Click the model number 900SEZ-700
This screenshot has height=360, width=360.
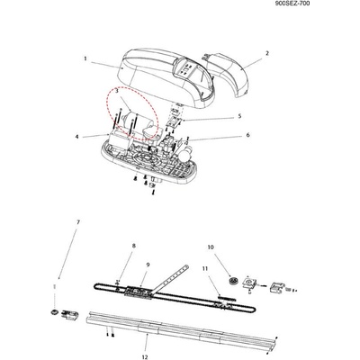[292, 4]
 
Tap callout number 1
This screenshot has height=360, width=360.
[85, 58]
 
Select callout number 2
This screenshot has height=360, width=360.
[267, 53]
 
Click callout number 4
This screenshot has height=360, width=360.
[76, 137]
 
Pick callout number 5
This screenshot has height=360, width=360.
[239, 116]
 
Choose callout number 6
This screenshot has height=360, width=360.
[247, 135]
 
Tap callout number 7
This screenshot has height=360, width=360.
[78, 222]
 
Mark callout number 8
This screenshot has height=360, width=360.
[134, 246]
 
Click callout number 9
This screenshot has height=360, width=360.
[148, 265]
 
